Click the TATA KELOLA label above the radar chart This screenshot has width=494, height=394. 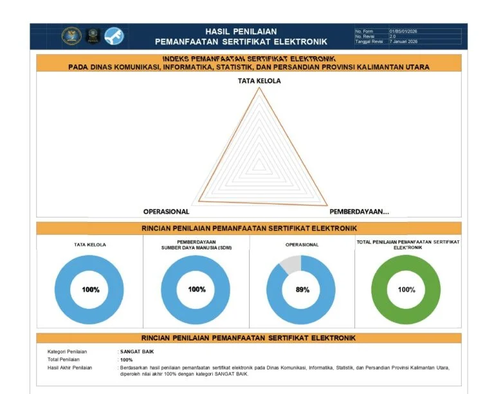(259, 80)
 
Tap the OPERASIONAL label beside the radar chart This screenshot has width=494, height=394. (166, 212)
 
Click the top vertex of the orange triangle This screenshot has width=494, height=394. (259, 88)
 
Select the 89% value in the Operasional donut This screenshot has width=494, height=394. (302, 290)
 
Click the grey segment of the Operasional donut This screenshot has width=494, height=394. (289, 263)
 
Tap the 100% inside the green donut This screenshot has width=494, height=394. (407, 290)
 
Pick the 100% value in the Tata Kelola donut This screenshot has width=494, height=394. (90, 290)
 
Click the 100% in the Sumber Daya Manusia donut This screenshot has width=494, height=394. (197, 290)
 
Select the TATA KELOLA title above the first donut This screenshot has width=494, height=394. (90, 245)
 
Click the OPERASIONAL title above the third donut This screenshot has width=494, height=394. (302, 245)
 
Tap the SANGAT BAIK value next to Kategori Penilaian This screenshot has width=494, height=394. (138, 352)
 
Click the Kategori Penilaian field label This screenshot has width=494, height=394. (67, 352)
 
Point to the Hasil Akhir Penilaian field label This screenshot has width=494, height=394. (69, 368)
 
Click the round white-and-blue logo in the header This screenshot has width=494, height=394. (113, 36)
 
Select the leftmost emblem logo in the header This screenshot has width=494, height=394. (71, 36)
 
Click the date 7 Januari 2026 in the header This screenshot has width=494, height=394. (403, 42)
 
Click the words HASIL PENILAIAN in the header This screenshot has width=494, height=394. (241, 31)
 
